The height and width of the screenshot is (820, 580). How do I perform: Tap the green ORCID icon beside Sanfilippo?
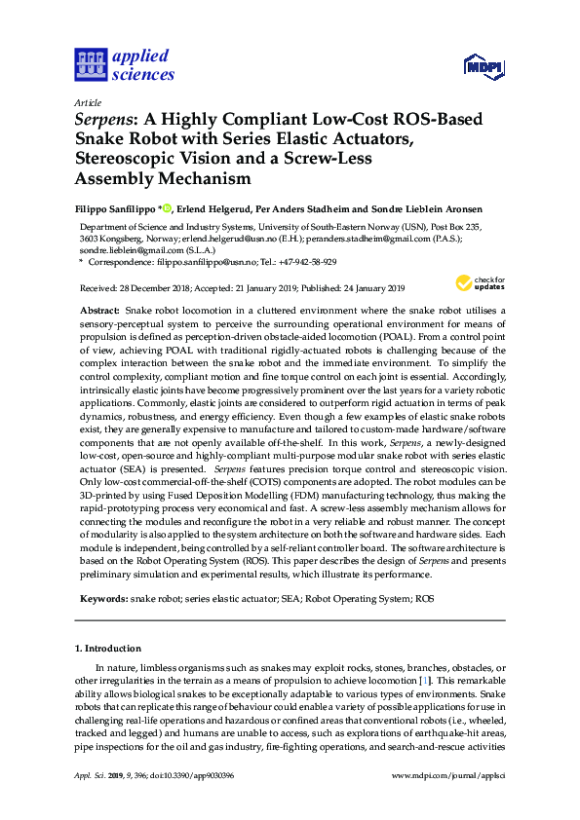[167, 207]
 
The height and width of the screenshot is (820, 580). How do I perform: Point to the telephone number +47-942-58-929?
[308, 262]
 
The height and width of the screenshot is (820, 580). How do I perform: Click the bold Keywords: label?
[103, 599]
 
